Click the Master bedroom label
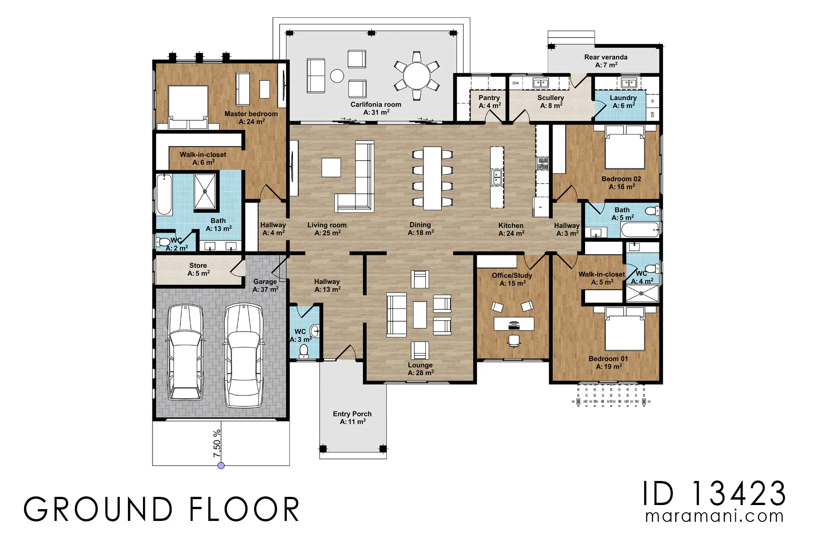[x=251, y=118]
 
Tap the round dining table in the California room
[x=417, y=75]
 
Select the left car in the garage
[x=185, y=352]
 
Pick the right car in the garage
[x=244, y=355]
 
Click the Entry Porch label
[x=352, y=418]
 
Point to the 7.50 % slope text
[x=217, y=443]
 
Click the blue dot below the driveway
[x=221, y=466]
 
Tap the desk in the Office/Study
[x=514, y=324]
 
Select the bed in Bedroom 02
[x=625, y=147]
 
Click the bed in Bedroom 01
[x=625, y=328]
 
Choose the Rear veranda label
[x=606, y=61]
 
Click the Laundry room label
[x=623, y=102]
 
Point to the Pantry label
[x=489, y=102]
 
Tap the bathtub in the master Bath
[x=164, y=195]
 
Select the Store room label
[x=198, y=269]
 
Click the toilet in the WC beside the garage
[x=304, y=351]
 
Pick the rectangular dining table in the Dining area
[x=433, y=178]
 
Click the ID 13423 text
[x=714, y=493]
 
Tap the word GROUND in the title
[x=98, y=509]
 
